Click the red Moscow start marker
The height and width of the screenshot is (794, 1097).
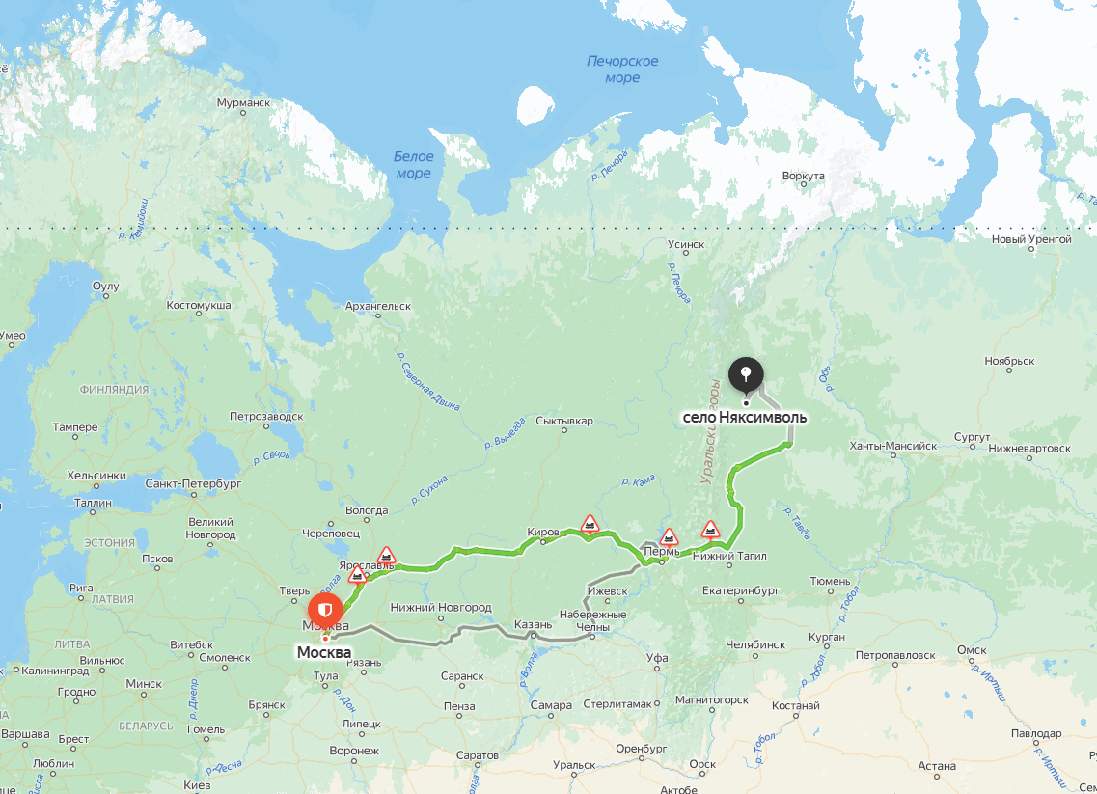pyautogui.click(x=325, y=611)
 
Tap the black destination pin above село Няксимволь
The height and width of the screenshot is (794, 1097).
pyautogui.click(x=746, y=374)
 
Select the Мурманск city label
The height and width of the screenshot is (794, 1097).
pyautogui.click(x=243, y=102)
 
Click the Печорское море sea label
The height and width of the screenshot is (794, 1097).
pyautogui.click(x=622, y=69)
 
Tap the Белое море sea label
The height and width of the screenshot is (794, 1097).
pyautogui.click(x=414, y=165)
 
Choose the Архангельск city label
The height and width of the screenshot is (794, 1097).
pyautogui.click(x=377, y=306)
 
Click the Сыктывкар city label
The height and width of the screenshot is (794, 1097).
pyautogui.click(x=563, y=421)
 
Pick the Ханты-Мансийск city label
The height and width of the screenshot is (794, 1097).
pyautogui.click(x=892, y=446)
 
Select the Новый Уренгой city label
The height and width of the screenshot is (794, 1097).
pyautogui.click(x=1031, y=239)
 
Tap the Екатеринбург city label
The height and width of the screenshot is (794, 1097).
pyautogui.click(x=740, y=589)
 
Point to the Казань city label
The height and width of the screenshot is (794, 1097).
pyautogui.click(x=533, y=623)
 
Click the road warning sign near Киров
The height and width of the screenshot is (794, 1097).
pyautogui.click(x=590, y=524)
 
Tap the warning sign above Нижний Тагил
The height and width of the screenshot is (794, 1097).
pyautogui.click(x=710, y=529)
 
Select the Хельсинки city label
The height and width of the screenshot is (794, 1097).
pyautogui.click(x=96, y=475)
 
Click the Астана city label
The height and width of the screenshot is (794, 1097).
pyautogui.click(x=936, y=766)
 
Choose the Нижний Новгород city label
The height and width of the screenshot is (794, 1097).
pyautogui.click(x=441, y=607)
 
